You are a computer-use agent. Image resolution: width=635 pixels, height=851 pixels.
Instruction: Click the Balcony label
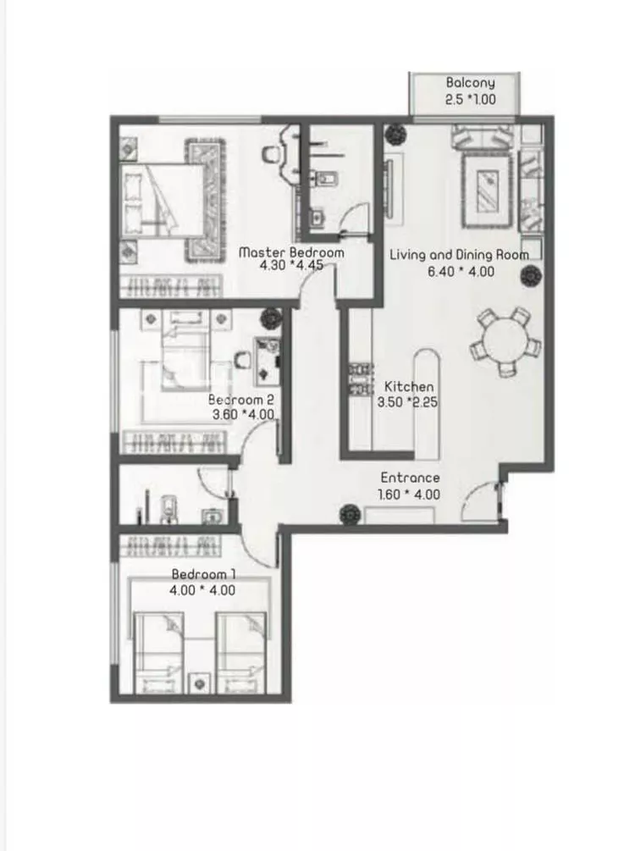[x=470, y=83]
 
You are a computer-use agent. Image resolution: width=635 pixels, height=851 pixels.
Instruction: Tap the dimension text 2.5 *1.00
[x=470, y=99]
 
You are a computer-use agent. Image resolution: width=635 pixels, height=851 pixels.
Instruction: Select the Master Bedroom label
[x=291, y=252]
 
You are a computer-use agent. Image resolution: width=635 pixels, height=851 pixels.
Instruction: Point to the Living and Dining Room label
[x=459, y=255]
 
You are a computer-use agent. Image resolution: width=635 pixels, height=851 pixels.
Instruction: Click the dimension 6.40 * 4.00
[x=461, y=271]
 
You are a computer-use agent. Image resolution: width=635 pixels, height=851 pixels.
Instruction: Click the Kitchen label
[x=409, y=386]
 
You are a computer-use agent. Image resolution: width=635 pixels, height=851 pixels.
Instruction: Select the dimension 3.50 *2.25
[x=407, y=402]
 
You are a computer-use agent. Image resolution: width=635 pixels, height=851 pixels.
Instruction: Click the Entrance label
[x=410, y=478]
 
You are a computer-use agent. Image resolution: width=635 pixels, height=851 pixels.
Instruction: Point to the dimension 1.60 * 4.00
[x=409, y=495]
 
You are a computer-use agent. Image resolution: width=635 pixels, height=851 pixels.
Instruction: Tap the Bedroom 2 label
[x=241, y=400]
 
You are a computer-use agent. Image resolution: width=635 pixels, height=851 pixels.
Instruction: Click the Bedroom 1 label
[x=203, y=573]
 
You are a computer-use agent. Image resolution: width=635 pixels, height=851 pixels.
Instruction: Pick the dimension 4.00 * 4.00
[x=202, y=590]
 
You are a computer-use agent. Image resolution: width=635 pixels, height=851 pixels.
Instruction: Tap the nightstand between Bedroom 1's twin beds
[x=199, y=682]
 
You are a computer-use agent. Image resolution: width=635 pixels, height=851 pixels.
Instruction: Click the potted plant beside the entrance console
[x=350, y=513]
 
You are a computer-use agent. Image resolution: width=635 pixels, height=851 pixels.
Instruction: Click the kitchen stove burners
[x=361, y=379]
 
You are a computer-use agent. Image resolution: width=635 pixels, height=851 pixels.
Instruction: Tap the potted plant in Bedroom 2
[x=270, y=318]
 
